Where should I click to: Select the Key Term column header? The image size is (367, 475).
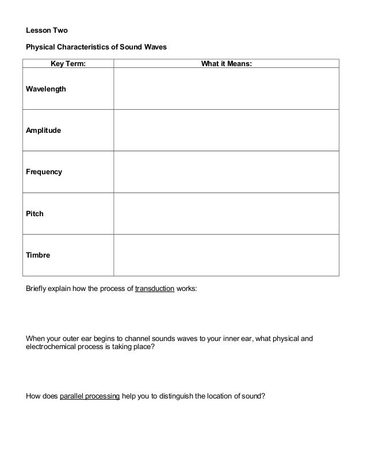(x=68, y=64)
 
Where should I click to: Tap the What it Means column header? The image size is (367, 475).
(x=226, y=64)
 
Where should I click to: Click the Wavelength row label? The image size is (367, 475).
(x=46, y=89)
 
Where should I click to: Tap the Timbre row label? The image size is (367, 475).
(x=38, y=255)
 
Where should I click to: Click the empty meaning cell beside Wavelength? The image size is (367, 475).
(x=226, y=89)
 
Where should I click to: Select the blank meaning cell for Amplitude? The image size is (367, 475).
(x=226, y=131)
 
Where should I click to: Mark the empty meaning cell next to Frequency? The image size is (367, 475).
(x=226, y=172)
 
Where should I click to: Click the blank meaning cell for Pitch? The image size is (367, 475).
(x=226, y=213)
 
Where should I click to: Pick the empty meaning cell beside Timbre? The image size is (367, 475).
(x=226, y=255)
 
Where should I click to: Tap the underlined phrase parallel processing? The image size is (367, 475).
(x=90, y=396)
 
